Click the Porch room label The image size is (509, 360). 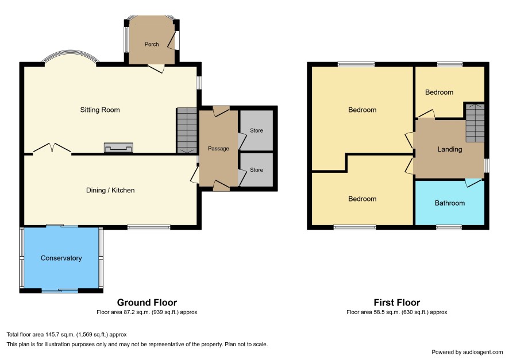point(152,44)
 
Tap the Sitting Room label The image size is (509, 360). point(100,110)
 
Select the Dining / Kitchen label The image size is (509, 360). point(110,191)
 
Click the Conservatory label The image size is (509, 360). point(61,258)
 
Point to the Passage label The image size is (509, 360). point(218,149)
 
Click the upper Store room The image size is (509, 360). point(256,130)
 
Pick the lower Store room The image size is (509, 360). point(256,169)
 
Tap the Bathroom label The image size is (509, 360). point(450,203)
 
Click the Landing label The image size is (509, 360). point(450,149)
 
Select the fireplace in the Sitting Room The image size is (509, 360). point(118,148)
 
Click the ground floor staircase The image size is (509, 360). point(187,130)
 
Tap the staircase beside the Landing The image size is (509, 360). point(475,123)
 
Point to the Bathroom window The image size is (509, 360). point(449,227)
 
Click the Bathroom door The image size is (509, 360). point(473,182)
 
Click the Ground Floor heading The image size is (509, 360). point(147,303)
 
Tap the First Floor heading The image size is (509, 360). point(396,303)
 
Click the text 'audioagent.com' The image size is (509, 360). point(483,352)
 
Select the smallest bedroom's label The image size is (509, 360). point(439,92)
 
